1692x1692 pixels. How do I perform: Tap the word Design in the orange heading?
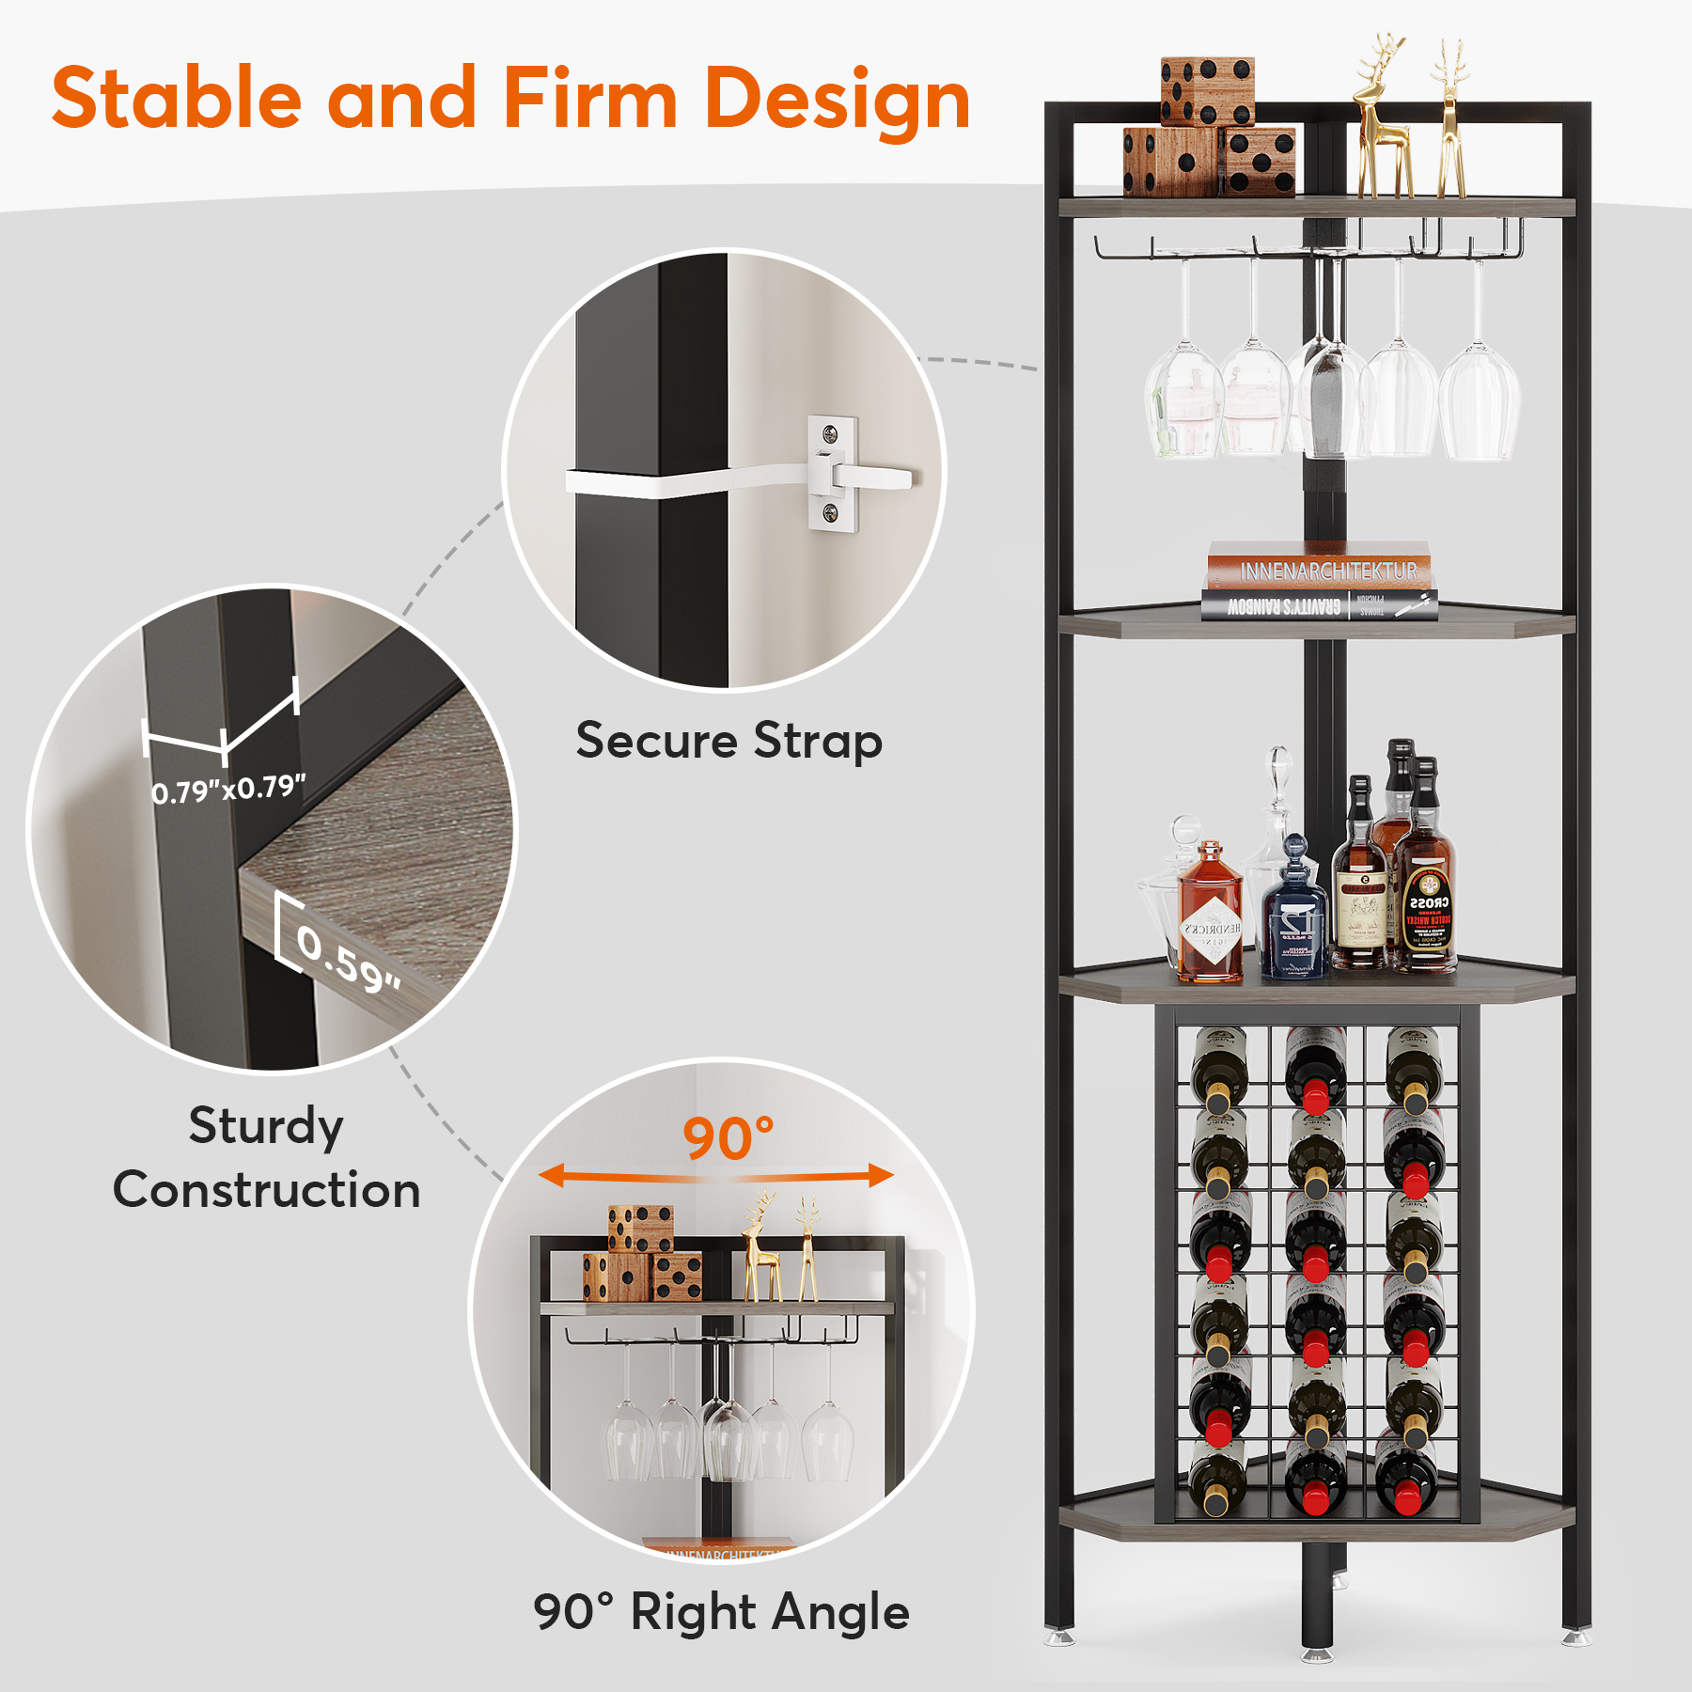coord(837,100)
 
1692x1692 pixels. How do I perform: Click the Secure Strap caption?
coord(728,741)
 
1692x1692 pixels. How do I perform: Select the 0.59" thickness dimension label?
coord(348,959)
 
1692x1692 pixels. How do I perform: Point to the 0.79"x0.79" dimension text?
coord(228,789)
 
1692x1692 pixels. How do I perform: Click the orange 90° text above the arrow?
coord(728,1139)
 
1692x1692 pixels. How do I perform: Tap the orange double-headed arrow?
coord(716,1176)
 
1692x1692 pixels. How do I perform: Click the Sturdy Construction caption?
coord(266,1157)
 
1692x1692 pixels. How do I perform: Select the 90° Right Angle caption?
coord(721,1611)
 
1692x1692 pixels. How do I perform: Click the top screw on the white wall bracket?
coord(830,433)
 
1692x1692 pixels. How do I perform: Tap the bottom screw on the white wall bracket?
coord(830,512)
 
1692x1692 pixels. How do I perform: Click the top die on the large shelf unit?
coord(1207,90)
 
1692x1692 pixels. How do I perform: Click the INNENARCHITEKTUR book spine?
coord(1318,569)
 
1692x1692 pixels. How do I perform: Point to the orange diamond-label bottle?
coord(1210,916)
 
